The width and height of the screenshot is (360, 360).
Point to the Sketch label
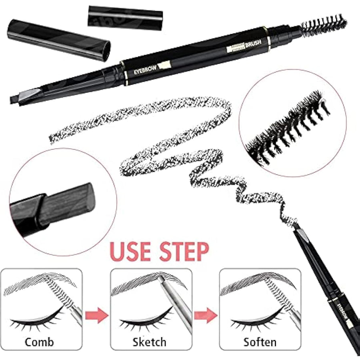149,342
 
